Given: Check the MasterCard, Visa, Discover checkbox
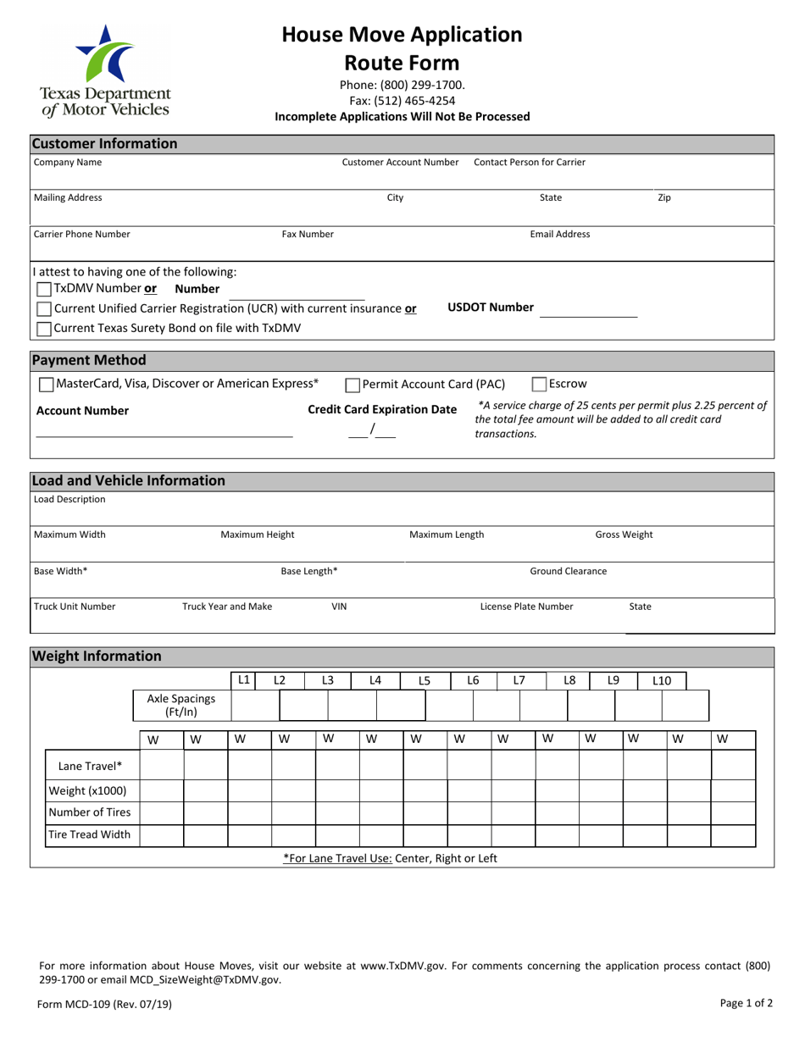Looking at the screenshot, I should [x=47, y=385].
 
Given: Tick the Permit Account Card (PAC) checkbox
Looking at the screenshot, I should [x=353, y=385].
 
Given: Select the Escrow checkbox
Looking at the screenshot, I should [x=539, y=385].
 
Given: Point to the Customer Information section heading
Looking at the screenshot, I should [x=104, y=143].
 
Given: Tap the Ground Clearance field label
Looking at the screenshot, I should [x=568, y=571].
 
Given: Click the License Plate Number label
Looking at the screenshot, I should [x=526, y=607].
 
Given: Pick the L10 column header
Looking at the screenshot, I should [x=662, y=680].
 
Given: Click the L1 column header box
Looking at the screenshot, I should [x=243, y=679].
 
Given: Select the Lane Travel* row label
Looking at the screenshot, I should [x=91, y=767].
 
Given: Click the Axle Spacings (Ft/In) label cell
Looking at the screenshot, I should [x=181, y=705].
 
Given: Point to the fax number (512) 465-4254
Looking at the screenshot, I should [x=402, y=101].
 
